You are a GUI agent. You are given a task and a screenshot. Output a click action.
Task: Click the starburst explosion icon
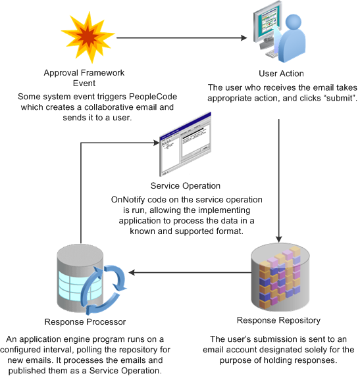click(x=88, y=37)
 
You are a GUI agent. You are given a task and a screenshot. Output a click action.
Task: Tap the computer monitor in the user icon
click(x=267, y=24)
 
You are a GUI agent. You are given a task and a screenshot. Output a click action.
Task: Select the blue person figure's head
click(x=294, y=22)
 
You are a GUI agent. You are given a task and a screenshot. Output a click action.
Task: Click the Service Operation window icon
click(x=185, y=145)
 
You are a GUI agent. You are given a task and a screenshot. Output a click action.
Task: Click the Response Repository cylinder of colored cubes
click(x=280, y=277)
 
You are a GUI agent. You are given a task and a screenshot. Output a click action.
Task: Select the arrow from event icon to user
click(x=182, y=37)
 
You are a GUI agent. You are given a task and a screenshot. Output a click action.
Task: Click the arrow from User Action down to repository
click(x=279, y=181)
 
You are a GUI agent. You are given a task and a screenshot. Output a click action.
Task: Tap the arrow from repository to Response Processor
click(x=190, y=272)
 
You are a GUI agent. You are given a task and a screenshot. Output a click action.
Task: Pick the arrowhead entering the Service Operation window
click(x=157, y=143)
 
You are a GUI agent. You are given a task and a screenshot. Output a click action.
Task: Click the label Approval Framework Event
click(x=84, y=78)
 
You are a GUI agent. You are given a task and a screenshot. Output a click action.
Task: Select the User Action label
click(x=281, y=74)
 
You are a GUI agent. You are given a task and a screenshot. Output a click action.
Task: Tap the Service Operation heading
click(x=186, y=186)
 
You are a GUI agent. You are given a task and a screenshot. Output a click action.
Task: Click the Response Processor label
click(x=85, y=322)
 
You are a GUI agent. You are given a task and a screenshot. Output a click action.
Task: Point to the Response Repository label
click(x=279, y=320)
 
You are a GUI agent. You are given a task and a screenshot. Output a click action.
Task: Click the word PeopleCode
click(x=153, y=97)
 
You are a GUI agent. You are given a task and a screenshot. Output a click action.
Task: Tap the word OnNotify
click(x=128, y=200)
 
